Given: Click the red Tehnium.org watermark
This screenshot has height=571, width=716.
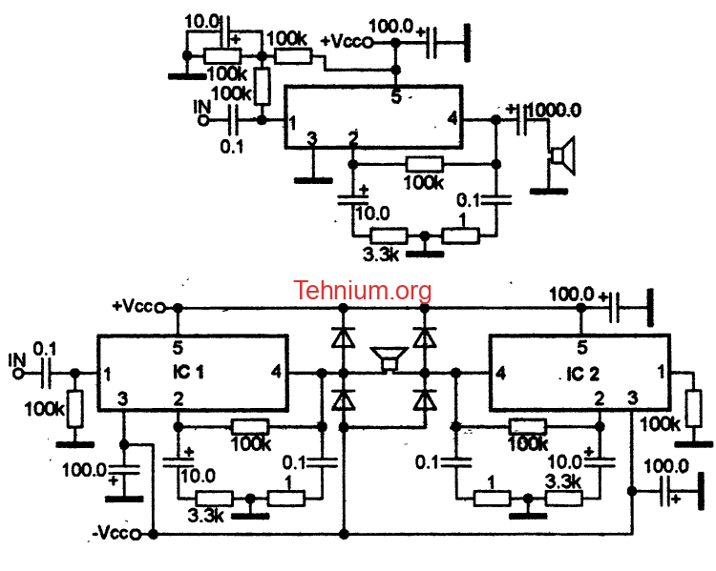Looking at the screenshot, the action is [362, 291].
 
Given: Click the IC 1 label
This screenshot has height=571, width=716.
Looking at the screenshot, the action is [188, 372].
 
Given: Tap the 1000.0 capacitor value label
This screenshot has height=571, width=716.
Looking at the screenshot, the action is [556, 110].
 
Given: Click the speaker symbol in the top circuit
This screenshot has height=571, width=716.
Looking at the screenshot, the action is [562, 155].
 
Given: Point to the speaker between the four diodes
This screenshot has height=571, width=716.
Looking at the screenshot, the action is [390, 359].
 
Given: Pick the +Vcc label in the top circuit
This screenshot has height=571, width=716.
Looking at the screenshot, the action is [346, 42].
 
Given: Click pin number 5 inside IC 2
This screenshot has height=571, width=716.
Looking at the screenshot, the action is [581, 348].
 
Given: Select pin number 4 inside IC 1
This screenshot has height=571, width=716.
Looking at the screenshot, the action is [276, 372].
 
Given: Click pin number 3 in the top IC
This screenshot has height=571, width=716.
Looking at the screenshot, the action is [311, 138].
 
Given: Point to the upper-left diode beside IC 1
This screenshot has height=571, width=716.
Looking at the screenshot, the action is [343, 338].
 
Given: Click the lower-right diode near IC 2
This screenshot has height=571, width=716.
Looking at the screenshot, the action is [425, 400].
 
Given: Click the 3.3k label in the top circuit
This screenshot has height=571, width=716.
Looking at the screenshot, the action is [381, 255].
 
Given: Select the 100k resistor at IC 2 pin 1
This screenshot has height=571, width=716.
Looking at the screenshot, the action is [694, 409].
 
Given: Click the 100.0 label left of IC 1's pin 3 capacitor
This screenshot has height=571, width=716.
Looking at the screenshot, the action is [84, 470].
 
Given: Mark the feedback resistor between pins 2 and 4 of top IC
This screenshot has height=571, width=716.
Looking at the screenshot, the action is [424, 164].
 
